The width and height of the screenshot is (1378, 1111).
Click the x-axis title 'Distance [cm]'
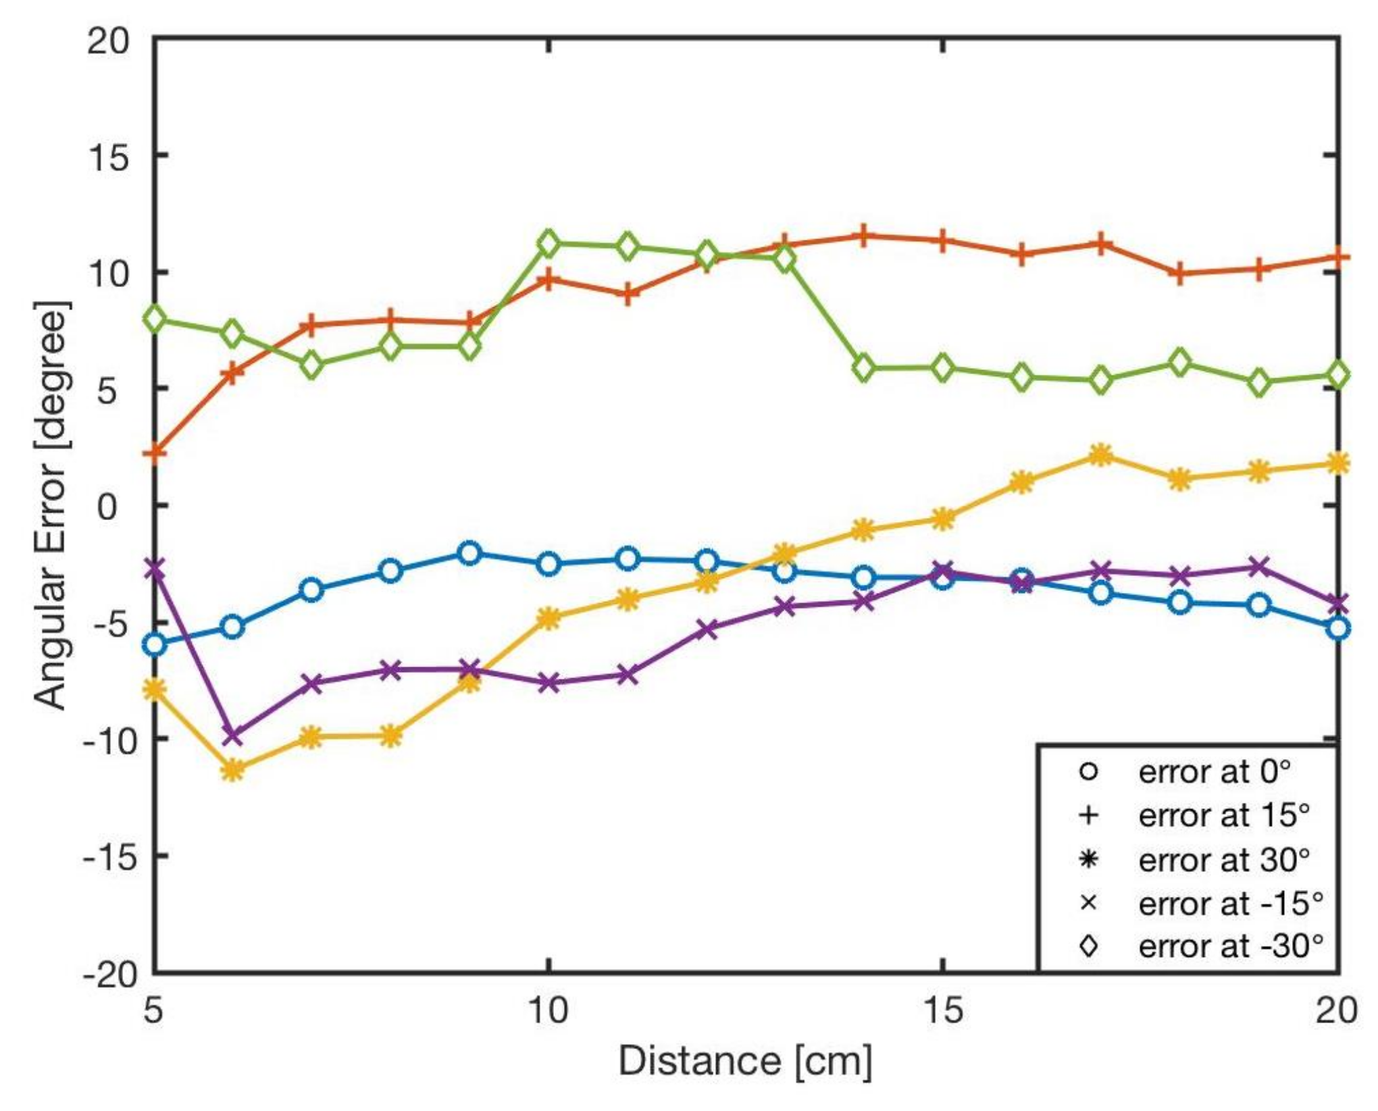click(745, 1060)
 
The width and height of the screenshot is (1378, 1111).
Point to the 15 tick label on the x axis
click(942, 1011)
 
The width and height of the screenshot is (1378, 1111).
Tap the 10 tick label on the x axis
click(548, 1011)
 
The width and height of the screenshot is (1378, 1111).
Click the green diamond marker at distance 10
click(548, 243)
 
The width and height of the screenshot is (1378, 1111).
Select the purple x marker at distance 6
click(232, 735)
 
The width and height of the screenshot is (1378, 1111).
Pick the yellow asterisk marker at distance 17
click(1101, 456)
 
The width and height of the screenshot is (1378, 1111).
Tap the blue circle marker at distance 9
click(470, 553)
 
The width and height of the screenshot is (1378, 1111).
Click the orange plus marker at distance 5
click(155, 451)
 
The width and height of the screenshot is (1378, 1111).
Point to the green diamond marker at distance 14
click(864, 368)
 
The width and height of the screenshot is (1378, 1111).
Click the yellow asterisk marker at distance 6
click(232, 770)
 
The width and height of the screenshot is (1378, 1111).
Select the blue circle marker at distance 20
click(1337, 629)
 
